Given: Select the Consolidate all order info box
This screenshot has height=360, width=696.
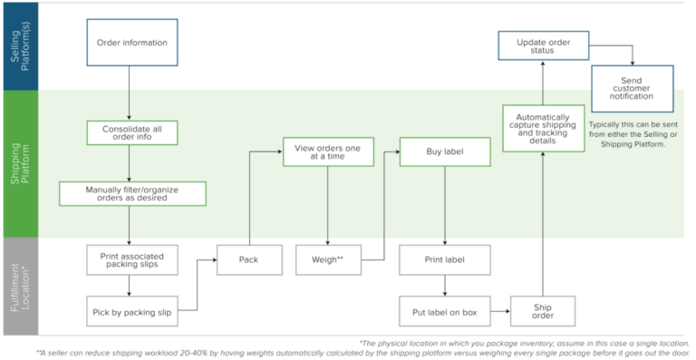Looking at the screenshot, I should point(132,133).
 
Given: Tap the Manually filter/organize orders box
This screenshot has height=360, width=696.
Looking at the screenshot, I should point(132,193).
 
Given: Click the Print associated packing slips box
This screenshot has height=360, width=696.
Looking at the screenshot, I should point(132,260).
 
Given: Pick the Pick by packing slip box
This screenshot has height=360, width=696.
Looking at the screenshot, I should point(132,311).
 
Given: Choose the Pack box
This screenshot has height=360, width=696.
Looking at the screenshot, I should point(248,259).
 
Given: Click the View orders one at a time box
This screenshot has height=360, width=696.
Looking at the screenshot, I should point(328,151).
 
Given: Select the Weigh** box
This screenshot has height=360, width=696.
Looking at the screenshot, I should point(328,259).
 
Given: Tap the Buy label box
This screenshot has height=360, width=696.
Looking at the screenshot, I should point(445,151).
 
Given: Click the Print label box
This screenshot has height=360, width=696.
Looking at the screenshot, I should point(445,259).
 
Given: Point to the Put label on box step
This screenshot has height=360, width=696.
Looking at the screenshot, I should point(445,311).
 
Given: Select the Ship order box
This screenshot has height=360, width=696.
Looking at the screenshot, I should point(542,311).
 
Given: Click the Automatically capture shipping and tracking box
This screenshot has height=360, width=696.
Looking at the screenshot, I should point(542,129).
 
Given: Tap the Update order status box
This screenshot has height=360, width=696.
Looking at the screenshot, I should point(544,47).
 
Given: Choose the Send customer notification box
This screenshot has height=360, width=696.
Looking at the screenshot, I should point(633,87).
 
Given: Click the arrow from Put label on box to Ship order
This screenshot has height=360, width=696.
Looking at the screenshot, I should point(499,311).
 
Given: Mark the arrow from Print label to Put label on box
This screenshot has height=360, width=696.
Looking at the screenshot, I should point(445,286).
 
